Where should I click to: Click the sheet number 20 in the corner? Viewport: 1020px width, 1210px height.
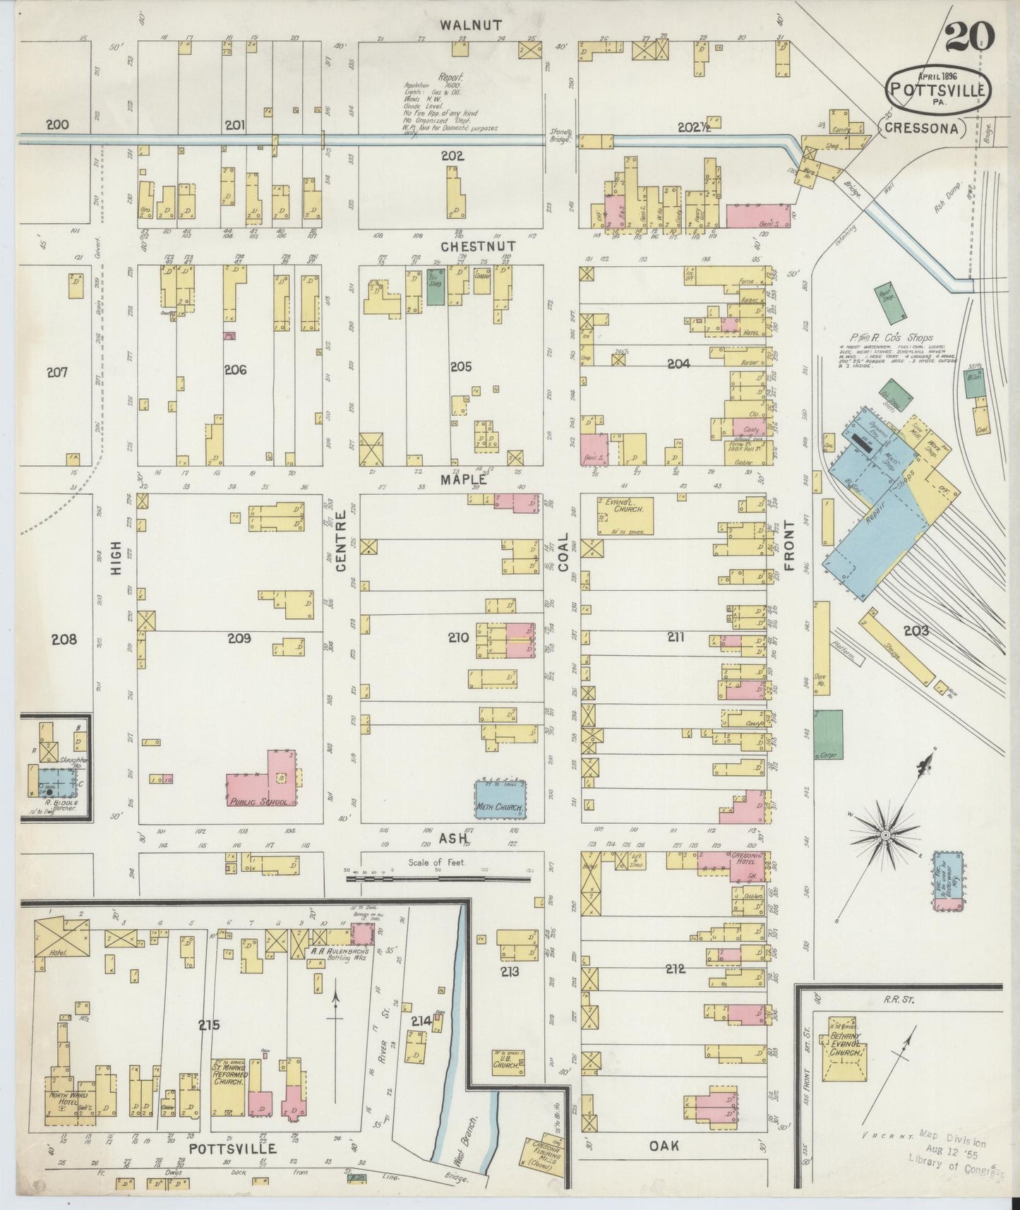[970, 36]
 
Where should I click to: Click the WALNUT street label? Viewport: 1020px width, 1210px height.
[471, 25]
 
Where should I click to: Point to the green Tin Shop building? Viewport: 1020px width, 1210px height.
[436, 286]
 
